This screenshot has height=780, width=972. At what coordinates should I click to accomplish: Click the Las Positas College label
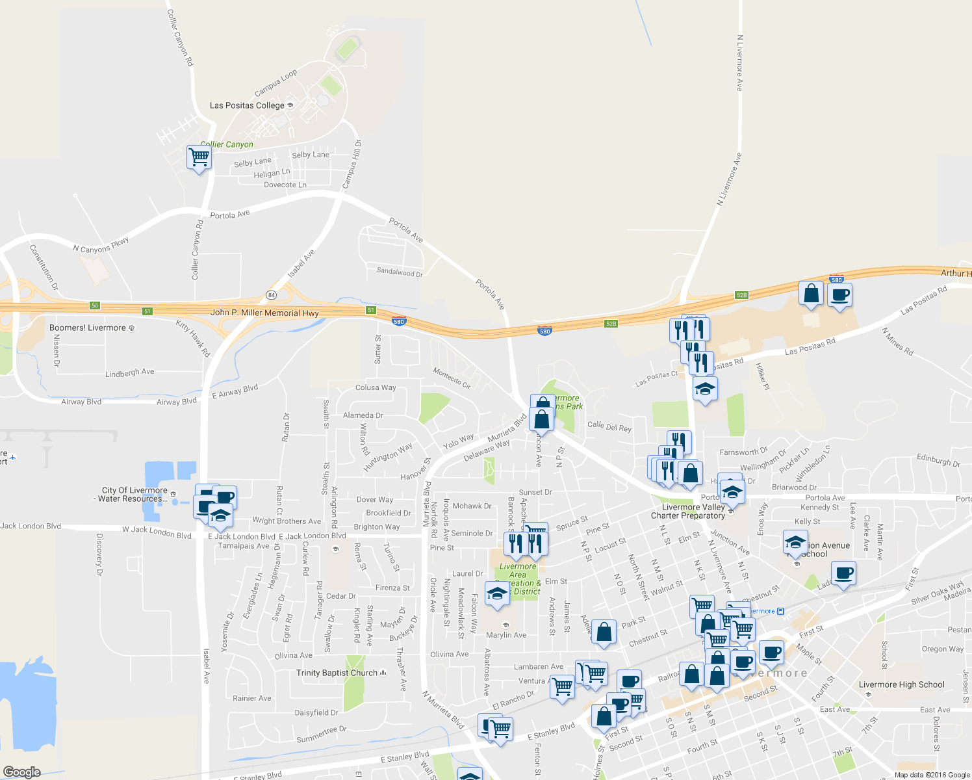(x=248, y=105)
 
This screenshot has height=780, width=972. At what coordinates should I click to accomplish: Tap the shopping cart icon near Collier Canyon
(x=199, y=157)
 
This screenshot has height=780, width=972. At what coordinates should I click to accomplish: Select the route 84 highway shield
(x=270, y=295)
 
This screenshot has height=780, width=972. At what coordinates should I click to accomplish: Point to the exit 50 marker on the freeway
(x=95, y=305)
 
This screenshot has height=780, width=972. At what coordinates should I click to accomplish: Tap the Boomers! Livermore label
(x=88, y=328)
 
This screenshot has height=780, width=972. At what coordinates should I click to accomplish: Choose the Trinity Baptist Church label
(x=337, y=673)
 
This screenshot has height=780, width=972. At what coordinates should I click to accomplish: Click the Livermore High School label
(x=901, y=684)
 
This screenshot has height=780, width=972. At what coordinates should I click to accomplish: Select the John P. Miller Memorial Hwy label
(x=264, y=313)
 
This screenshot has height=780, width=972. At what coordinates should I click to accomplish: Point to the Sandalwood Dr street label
(x=400, y=272)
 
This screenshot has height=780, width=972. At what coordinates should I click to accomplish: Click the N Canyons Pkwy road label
(x=101, y=246)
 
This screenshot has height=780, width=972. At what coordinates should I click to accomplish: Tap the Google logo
(x=22, y=772)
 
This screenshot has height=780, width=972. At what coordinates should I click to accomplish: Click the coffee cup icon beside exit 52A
(x=839, y=294)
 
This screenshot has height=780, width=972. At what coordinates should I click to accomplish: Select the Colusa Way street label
(x=376, y=387)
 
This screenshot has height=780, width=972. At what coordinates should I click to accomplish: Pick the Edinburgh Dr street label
(x=938, y=460)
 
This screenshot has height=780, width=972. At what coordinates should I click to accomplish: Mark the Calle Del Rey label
(x=609, y=427)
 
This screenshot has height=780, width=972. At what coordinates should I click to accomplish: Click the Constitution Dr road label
(x=44, y=267)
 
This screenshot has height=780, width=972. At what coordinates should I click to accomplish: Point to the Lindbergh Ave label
(x=129, y=372)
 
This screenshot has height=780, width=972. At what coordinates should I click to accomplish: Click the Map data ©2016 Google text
(x=932, y=775)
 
